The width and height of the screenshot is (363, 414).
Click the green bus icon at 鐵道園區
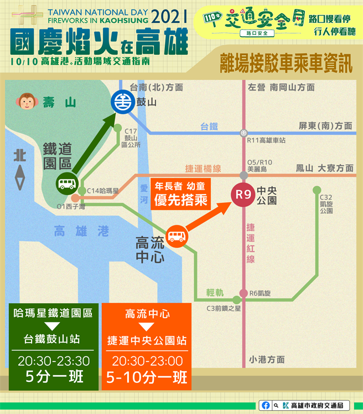click(68, 184)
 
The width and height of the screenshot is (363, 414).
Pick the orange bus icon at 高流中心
click(177, 237)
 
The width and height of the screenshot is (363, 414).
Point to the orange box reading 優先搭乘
click(181, 193)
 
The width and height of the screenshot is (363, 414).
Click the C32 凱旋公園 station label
click(326, 204)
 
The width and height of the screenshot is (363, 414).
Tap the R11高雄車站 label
click(267, 141)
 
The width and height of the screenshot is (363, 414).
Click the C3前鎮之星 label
click(224, 308)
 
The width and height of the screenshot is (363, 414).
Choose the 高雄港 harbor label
click(81, 232)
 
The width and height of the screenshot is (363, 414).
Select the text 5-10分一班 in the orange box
click(146, 378)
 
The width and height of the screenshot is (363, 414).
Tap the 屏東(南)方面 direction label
click(325, 126)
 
